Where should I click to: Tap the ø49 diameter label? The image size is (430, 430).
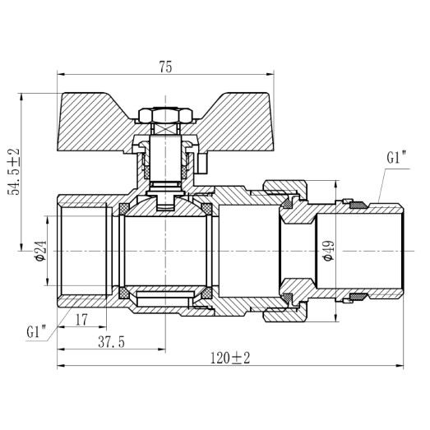[x=327, y=249]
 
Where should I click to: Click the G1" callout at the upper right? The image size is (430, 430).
[x=396, y=157]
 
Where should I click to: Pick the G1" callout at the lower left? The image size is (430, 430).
[x=36, y=332]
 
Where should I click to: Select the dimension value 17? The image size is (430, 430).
[x=81, y=319]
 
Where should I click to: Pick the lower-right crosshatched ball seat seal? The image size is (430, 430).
[x=207, y=293]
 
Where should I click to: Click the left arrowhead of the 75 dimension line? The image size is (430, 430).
[x=62, y=79]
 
